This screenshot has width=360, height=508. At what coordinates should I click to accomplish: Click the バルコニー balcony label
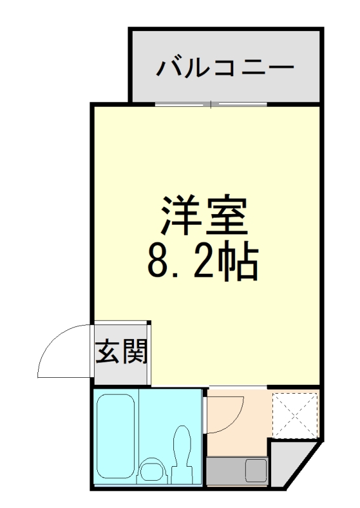(225, 67)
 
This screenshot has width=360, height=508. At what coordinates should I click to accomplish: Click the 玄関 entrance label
(122, 352)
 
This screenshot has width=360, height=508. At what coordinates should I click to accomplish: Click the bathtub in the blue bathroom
(116, 438)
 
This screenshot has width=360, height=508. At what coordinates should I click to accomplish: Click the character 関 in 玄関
(135, 352)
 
